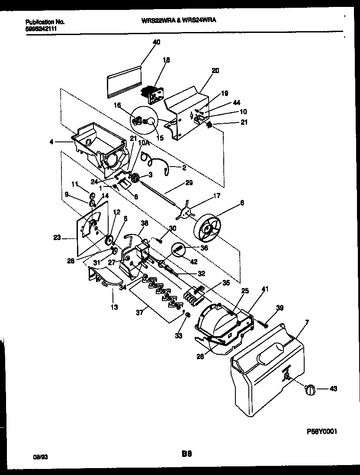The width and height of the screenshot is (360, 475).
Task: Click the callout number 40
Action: [156, 42]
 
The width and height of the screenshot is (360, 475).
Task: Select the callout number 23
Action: [57, 237]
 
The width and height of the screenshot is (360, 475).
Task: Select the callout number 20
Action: [215, 70]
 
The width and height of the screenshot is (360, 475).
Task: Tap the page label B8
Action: [186, 455]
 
